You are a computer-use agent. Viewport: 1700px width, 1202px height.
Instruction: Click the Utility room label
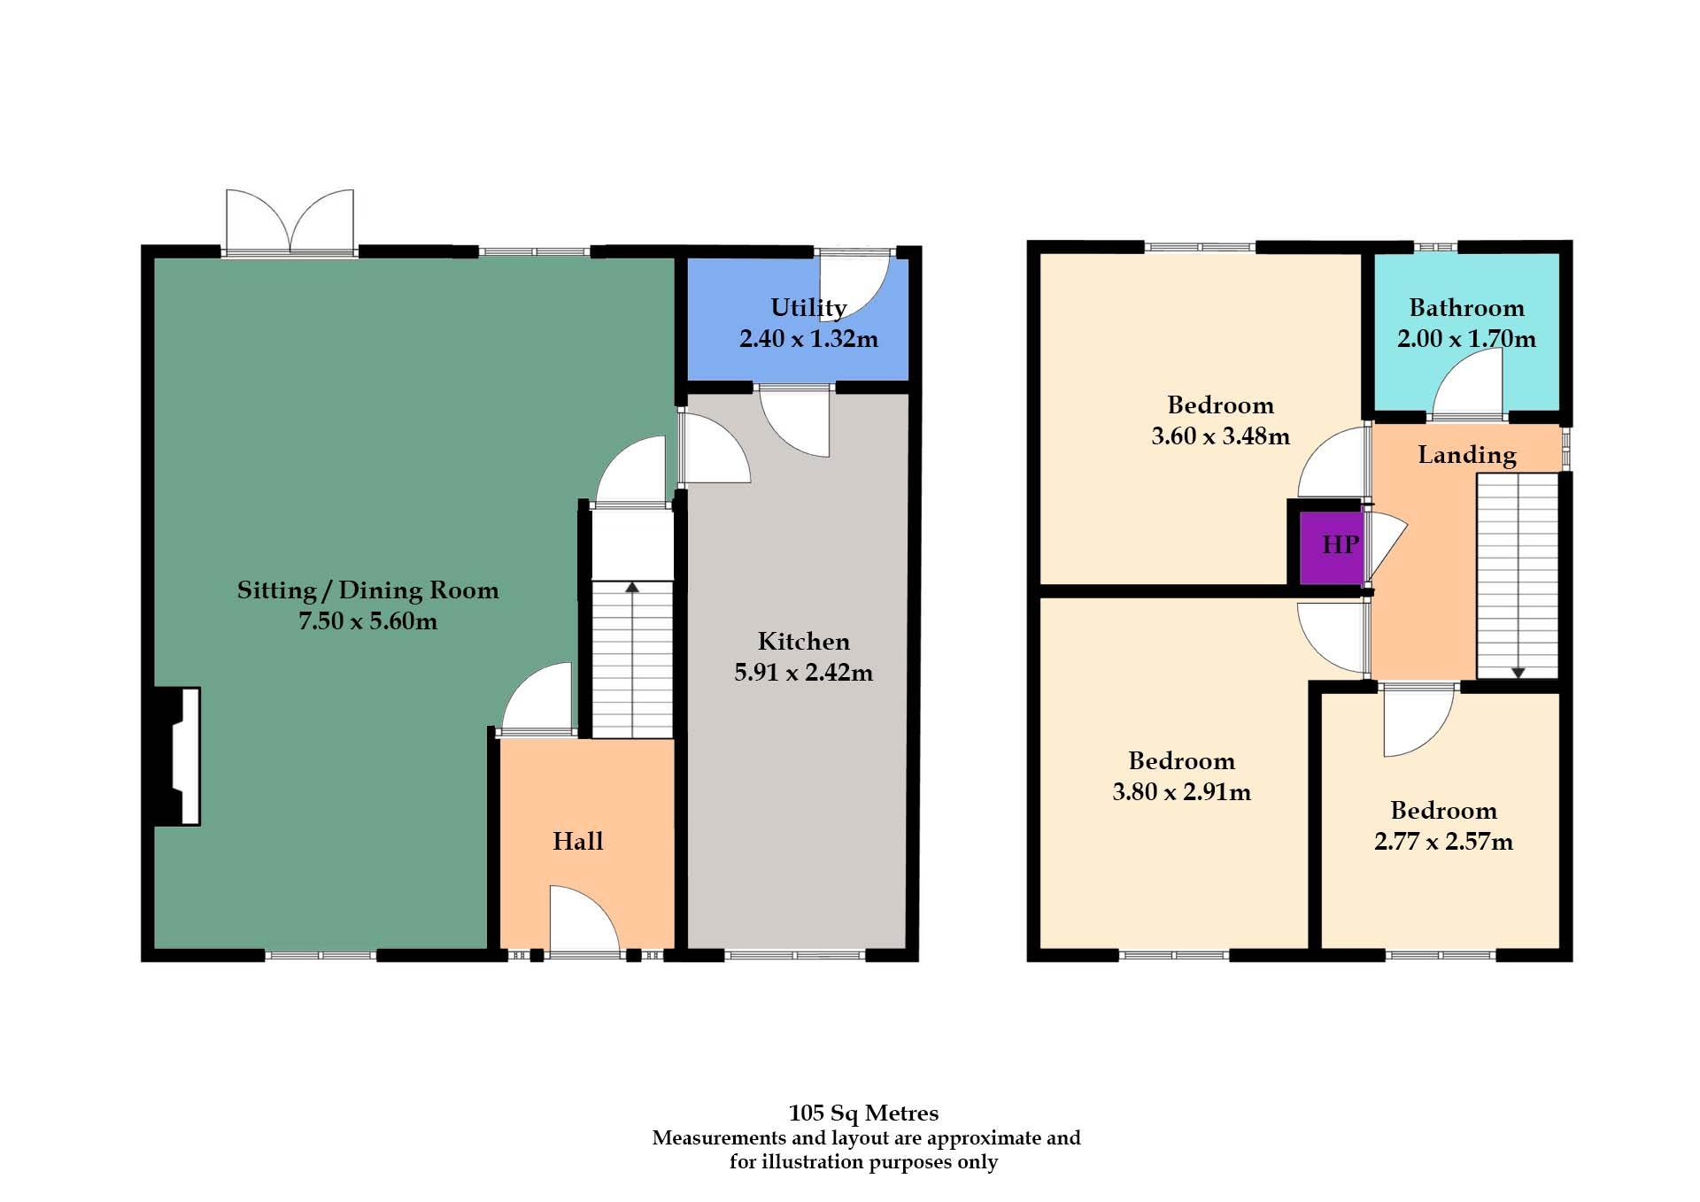pos(808,307)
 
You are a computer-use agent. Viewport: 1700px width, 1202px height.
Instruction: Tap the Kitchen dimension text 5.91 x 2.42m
pos(803,672)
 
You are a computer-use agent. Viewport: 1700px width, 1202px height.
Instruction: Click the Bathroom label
pos(1466,307)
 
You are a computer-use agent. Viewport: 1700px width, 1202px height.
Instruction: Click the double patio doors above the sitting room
pos(290,221)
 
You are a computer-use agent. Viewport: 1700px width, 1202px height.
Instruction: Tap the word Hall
pos(577,841)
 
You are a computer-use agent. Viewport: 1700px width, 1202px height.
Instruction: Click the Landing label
pos(1466,454)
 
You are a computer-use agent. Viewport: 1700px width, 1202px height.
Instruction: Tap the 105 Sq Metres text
pos(863,1113)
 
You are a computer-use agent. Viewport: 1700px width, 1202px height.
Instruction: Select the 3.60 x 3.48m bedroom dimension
pos(1220,435)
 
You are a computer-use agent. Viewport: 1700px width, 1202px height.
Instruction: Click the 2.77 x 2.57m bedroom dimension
pos(1443,841)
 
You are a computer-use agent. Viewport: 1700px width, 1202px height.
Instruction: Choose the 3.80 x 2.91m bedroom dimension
pos(1181,791)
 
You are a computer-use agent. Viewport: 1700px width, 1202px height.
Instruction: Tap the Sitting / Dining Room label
pos(367,589)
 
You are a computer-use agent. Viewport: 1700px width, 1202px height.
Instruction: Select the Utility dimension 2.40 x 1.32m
pos(808,338)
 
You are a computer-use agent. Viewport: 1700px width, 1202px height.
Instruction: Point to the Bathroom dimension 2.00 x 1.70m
pos(1466,338)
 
